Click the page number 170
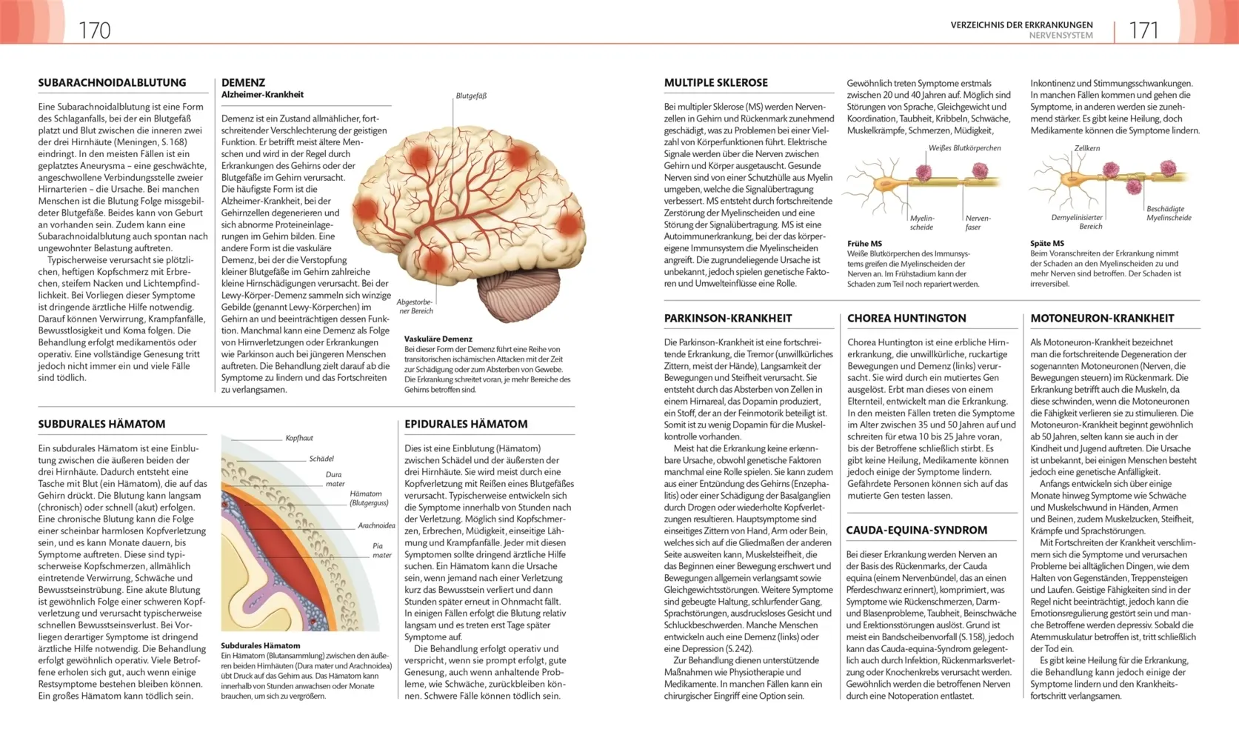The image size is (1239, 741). [x=95, y=30]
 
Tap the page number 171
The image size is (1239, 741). [x=1143, y=30]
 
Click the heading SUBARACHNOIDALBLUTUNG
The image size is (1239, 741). [x=112, y=83]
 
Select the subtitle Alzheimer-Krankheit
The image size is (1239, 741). [x=262, y=95]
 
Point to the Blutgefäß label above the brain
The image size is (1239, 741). [x=471, y=96]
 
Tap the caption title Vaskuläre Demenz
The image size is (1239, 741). [x=438, y=339]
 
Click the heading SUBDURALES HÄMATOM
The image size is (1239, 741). [x=101, y=425]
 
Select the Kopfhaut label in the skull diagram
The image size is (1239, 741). [x=299, y=438]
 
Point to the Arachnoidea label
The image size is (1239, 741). [x=376, y=525]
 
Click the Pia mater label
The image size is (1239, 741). [x=382, y=550]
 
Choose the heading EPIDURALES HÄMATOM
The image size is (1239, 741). [x=466, y=425]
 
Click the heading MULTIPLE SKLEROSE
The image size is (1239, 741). [x=715, y=83]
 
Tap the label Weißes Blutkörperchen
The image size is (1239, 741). [x=964, y=148]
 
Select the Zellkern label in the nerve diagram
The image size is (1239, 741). [x=1086, y=148]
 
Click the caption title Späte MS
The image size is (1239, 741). [x=1046, y=243]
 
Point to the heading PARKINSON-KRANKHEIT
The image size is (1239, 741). [x=727, y=319]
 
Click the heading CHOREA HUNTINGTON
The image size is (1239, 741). [x=906, y=319]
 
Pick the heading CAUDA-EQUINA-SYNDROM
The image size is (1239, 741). [x=916, y=531]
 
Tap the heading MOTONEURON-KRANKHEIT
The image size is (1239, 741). [x=1102, y=319]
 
